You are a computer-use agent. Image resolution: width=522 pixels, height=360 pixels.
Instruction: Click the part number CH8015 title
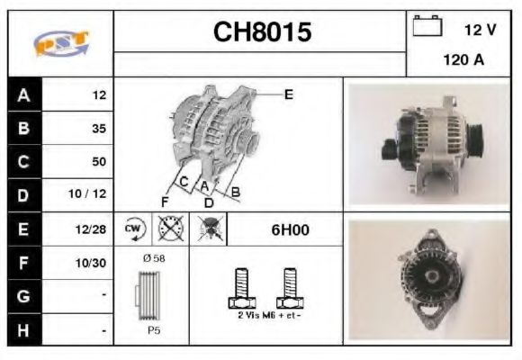262,33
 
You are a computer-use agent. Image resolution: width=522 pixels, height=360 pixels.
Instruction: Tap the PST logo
60,43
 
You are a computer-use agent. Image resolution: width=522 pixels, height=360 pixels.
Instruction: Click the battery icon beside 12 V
426,28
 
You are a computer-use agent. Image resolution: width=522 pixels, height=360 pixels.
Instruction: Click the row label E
24,229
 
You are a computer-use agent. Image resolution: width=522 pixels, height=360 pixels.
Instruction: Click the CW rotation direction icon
134,229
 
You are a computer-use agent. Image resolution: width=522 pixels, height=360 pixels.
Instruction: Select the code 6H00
290,229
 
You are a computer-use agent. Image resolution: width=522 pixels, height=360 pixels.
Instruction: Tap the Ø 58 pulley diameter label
153,258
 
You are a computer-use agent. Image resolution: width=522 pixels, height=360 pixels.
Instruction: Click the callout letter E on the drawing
288,93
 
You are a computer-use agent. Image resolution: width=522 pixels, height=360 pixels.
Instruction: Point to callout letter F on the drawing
165,200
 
